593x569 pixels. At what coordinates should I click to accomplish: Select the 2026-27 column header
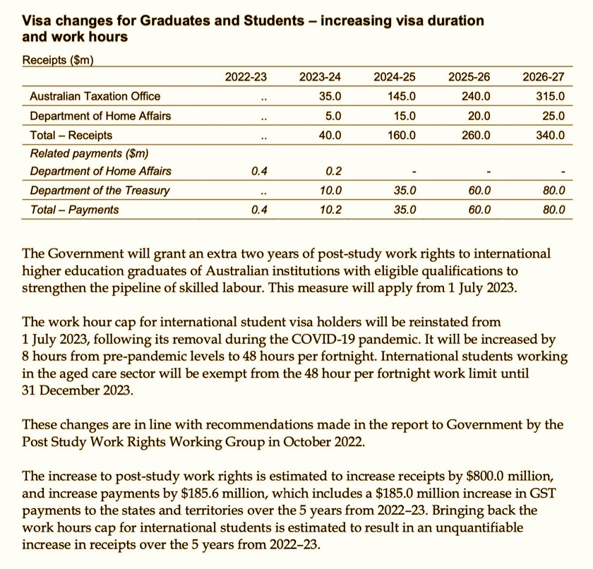pos(543,77)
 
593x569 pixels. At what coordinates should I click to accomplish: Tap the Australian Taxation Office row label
pos(95,96)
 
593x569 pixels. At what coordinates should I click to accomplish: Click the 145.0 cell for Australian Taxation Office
pos(401,96)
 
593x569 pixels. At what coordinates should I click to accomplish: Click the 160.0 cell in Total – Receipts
pos(401,134)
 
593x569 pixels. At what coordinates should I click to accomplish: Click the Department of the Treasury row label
pos(100,191)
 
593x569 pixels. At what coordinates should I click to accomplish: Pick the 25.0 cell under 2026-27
pos(552,115)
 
